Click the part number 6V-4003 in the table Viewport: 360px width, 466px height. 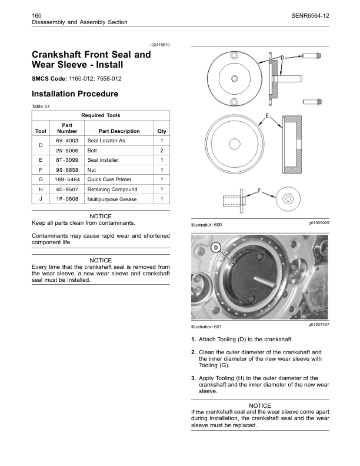(x=67, y=141)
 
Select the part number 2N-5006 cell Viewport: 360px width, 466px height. (x=67, y=151)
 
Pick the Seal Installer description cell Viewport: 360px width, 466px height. (x=103, y=161)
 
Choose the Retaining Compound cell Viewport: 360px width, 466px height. (x=112, y=189)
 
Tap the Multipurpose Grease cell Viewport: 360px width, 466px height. (x=112, y=200)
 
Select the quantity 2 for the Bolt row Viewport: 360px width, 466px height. (x=161, y=151)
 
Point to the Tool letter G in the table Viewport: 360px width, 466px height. (x=40, y=179)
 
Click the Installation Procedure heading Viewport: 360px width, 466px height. (x=75, y=94)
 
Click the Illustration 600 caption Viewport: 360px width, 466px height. (x=206, y=225)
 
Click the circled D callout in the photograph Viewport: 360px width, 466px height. (x=216, y=248)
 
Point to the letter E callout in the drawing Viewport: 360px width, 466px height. (x=268, y=115)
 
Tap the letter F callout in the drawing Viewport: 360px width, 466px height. (x=261, y=191)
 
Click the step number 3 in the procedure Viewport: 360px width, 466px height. (x=194, y=378)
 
